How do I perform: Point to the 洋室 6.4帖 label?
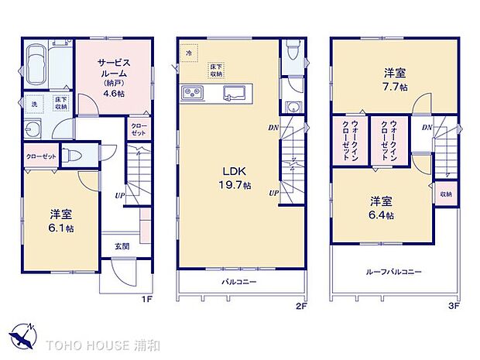(380, 207)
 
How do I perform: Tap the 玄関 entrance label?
(122, 247)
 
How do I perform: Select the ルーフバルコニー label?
(394, 273)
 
